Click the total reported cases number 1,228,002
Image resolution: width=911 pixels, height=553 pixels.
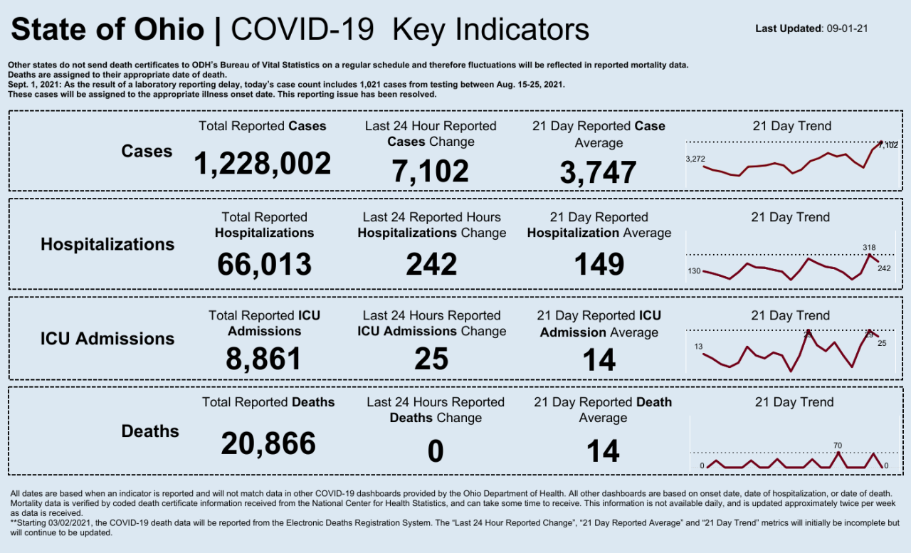[x=263, y=164]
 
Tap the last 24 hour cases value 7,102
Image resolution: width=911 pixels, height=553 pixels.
[x=430, y=172]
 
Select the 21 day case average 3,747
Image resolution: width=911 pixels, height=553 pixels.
[x=598, y=173]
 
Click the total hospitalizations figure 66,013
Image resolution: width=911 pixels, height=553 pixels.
[x=264, y=264]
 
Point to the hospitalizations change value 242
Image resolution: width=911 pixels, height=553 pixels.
[x=431, y=264]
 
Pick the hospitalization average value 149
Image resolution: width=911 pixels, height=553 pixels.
[x=599, y=264]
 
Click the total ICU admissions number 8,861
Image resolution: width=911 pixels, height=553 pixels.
[x=264, y=359]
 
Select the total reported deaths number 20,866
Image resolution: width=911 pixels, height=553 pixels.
[x=268, y=444]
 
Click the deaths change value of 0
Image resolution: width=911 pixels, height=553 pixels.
[x=435, y=452]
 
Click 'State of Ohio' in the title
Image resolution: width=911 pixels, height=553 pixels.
[x=107, y=30]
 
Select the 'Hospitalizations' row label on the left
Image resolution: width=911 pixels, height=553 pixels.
[x=107, y=244]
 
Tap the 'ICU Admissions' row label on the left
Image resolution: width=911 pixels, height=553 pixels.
[x=107, y=339]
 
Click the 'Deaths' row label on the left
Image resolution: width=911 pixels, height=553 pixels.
[x=150, y=431]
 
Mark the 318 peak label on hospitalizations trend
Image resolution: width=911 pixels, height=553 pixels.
[x=869, y=248]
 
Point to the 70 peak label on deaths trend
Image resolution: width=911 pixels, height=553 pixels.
[x=838, y=446]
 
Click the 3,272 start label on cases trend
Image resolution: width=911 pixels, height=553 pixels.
[x=695, y=159]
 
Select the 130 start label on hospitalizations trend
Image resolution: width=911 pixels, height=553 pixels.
[x=694, y=271]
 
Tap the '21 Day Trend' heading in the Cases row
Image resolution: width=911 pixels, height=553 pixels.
[x=791, y=126]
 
